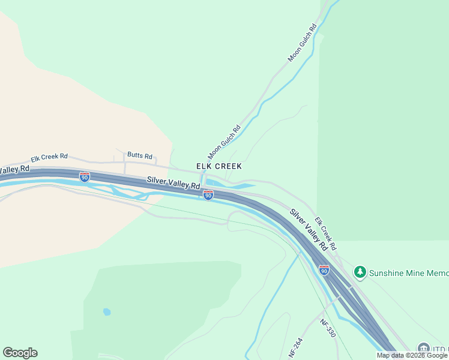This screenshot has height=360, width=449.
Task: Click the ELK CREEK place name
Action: pos(219,166)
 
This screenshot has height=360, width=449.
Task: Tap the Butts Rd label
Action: pos(139,155)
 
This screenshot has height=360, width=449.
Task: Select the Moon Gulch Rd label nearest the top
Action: pos(302,43)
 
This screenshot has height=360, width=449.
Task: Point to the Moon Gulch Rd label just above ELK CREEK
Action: pos(224,142)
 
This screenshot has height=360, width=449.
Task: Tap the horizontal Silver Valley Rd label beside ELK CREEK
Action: pos(173,183)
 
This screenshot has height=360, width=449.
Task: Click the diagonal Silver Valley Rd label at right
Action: pos(309,230)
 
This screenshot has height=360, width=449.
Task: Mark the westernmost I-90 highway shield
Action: pos(85,177)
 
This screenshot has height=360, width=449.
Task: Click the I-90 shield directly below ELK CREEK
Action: pos(208,195)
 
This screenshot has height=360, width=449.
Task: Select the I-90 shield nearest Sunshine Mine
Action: pos(324,270)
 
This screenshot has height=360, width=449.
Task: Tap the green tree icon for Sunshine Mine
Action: pos(360,272)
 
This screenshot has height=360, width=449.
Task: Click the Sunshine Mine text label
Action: pos(409,273)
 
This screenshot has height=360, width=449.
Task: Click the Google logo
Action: pos(20,353)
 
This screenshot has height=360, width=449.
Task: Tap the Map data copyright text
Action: pos(412,355)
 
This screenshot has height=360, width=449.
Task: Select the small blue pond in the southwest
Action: pos(106,312)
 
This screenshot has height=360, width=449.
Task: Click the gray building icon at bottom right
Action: pos(423,349)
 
